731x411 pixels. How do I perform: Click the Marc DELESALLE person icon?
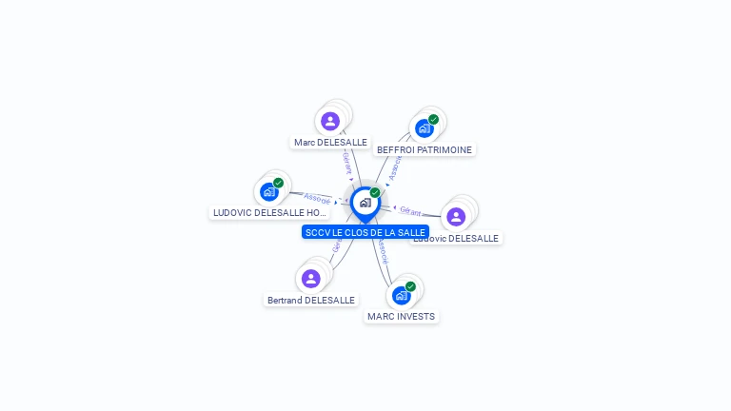(x=330, y=121)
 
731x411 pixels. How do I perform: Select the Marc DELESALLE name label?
(x=330, y=143)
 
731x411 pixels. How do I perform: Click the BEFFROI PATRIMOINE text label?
(x=425, y=149)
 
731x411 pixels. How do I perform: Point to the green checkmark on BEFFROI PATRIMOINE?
(x=433, y=120)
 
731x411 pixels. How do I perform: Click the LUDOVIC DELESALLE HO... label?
(x=269, y=213)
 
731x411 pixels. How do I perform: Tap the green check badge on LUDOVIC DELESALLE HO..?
(x=278, y=183)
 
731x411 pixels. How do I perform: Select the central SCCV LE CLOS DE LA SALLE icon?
(x=365, y=203)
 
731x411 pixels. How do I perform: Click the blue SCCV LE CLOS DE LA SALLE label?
(x=365, y=232)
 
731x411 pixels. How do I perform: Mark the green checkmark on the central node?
(x=375, y=193)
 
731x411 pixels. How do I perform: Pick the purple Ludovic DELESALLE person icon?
(x=456, y=216)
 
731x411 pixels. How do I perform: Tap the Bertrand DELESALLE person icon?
(x=310, y=279)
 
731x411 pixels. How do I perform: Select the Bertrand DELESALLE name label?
(x=311, y=300)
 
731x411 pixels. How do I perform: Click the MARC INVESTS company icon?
(x=401, y=295)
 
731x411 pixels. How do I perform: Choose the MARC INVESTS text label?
(x=402, y=316)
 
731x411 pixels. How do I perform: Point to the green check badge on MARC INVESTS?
(x=410, y=286)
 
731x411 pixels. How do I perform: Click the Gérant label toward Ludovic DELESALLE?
(x=410, y=211)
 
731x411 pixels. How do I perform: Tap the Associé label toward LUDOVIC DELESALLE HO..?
(x=317, y=200)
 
